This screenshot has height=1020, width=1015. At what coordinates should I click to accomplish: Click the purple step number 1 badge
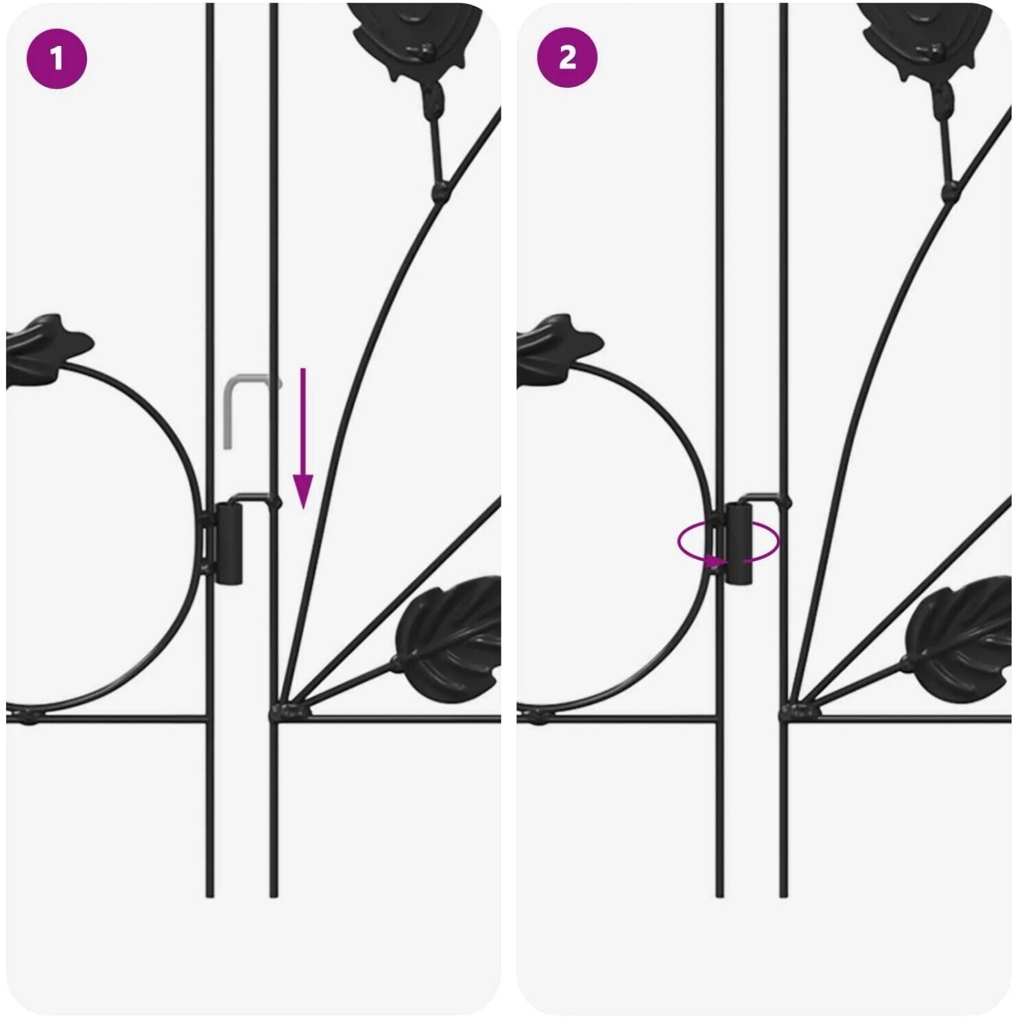(57, 58)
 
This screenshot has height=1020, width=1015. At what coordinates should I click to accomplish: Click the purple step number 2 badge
(567, 58)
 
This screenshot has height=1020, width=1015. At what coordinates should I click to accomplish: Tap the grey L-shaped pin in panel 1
(233, 405)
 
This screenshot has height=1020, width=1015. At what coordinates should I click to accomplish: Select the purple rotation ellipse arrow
(728, 543)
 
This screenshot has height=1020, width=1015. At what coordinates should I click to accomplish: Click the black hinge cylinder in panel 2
(739, 543)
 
